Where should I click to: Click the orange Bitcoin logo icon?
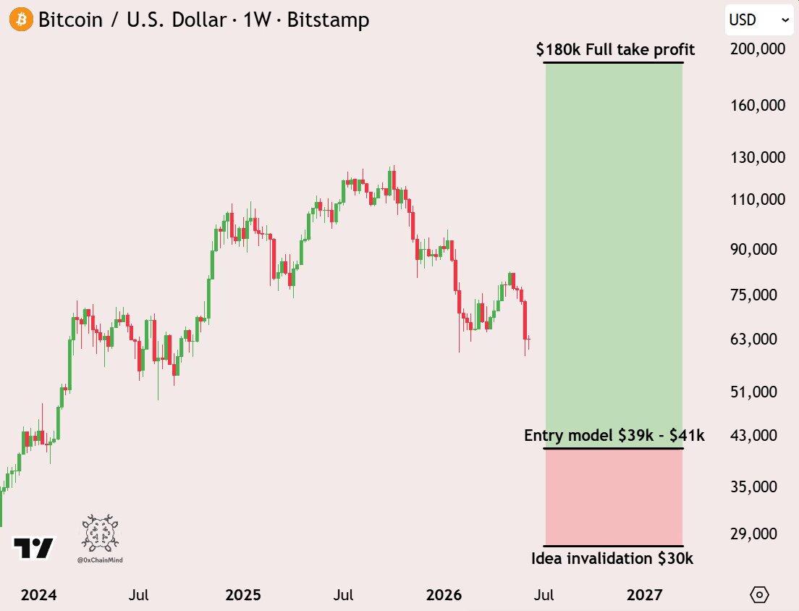21,20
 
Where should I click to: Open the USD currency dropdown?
758,20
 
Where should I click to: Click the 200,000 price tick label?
758,49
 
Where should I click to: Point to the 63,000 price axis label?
753,339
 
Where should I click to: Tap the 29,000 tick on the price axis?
753,534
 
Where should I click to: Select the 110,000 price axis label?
758,199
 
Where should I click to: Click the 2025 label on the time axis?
243,594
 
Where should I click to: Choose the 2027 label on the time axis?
645,594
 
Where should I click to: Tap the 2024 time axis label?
39,594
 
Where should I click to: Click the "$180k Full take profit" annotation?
615,49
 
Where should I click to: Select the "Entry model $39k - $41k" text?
614,435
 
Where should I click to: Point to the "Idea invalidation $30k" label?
612,558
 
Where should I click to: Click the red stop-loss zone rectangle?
614,497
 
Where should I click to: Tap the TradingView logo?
33,548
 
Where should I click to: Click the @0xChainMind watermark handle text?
100,560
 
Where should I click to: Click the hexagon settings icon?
759,594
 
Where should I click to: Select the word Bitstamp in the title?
328,20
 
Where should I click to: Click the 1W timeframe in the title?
257,20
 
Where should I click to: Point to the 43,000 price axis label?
753,435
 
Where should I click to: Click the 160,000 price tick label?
758,106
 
